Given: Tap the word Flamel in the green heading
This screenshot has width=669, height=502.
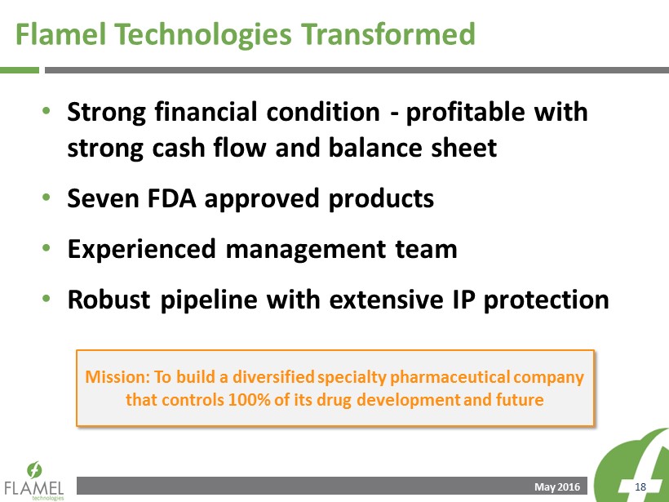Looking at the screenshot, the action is coord(60,33).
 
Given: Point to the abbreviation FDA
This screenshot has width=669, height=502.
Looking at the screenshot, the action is coord(171,198).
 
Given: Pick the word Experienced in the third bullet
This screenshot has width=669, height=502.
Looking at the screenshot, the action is coord(141,249).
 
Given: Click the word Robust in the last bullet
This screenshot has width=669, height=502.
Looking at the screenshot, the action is coord(109,300).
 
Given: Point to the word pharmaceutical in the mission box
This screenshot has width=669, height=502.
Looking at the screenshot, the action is coord(450,377).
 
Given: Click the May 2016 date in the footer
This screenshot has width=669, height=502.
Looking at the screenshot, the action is coord(557,487).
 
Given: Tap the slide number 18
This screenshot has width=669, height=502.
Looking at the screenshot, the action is coord(640,487).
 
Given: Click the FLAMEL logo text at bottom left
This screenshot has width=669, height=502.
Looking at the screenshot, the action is coord(34,488).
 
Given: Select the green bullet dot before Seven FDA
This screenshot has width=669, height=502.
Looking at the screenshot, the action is coord(47,198).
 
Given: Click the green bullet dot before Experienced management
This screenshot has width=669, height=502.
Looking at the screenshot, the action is coord(47,247).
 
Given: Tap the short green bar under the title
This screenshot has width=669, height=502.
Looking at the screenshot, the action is coord(20,70).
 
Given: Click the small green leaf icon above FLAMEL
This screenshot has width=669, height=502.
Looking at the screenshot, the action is coord(34,469).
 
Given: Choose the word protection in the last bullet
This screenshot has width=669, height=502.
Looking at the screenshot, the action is coord(546,300).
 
